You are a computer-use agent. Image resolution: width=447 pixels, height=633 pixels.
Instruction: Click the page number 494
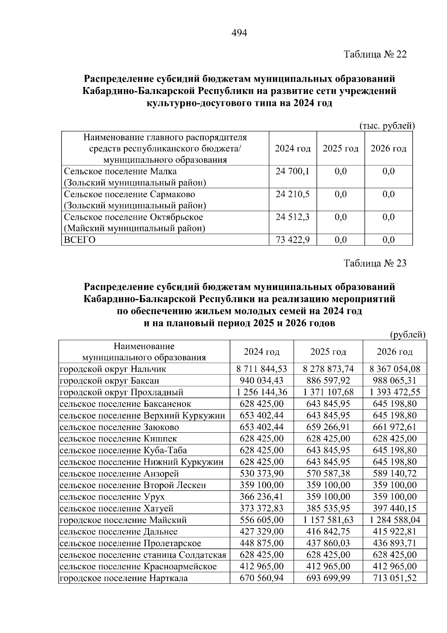click(x=239, y=33)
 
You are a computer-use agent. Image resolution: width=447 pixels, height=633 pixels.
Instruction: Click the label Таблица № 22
click(x=375, y=54)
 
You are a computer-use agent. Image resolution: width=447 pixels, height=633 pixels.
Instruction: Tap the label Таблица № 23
click(x=375, y=263)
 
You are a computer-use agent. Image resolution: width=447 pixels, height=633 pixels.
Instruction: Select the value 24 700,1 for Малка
click(x=292, y=172)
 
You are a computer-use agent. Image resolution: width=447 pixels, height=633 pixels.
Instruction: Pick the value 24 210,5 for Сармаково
click(x=292, y=194)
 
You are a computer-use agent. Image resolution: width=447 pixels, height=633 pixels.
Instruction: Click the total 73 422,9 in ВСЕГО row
click(x=292, y=240)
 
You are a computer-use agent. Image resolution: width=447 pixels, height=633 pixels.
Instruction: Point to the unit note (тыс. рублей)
click(x=387, y=126)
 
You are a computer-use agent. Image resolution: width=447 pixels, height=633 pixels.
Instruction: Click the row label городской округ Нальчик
click(x=113, y=369)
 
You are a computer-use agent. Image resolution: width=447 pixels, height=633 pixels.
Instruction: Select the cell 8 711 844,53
click(x=261, y=369)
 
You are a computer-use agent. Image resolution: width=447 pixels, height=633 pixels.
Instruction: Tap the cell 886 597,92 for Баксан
click(x=328, y=381)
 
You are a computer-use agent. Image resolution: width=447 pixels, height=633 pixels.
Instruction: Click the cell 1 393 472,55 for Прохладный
click(x=395, y=392)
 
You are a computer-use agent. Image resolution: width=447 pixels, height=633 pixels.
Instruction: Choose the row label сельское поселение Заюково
click(x=119, y=427)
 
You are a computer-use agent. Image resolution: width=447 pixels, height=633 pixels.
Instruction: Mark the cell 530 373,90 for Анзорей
click(x=261, y=474)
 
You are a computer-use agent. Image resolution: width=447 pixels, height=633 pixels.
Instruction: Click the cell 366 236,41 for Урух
click(x=261, y=497)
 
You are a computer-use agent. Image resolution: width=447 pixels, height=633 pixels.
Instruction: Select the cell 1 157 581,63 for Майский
click(x=328, y=520)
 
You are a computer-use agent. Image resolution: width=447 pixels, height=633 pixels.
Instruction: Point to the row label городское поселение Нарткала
click(x=124, y=578)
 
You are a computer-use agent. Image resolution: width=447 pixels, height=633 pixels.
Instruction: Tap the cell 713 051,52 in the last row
click(x=395, y=578)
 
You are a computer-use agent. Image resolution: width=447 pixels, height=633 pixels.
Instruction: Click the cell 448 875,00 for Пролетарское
click(x=261, y=543)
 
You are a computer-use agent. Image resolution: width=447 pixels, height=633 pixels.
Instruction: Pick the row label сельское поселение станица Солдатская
click(x=143, y=555)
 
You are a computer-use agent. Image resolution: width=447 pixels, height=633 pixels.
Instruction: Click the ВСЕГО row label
click(x=80, y=240)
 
